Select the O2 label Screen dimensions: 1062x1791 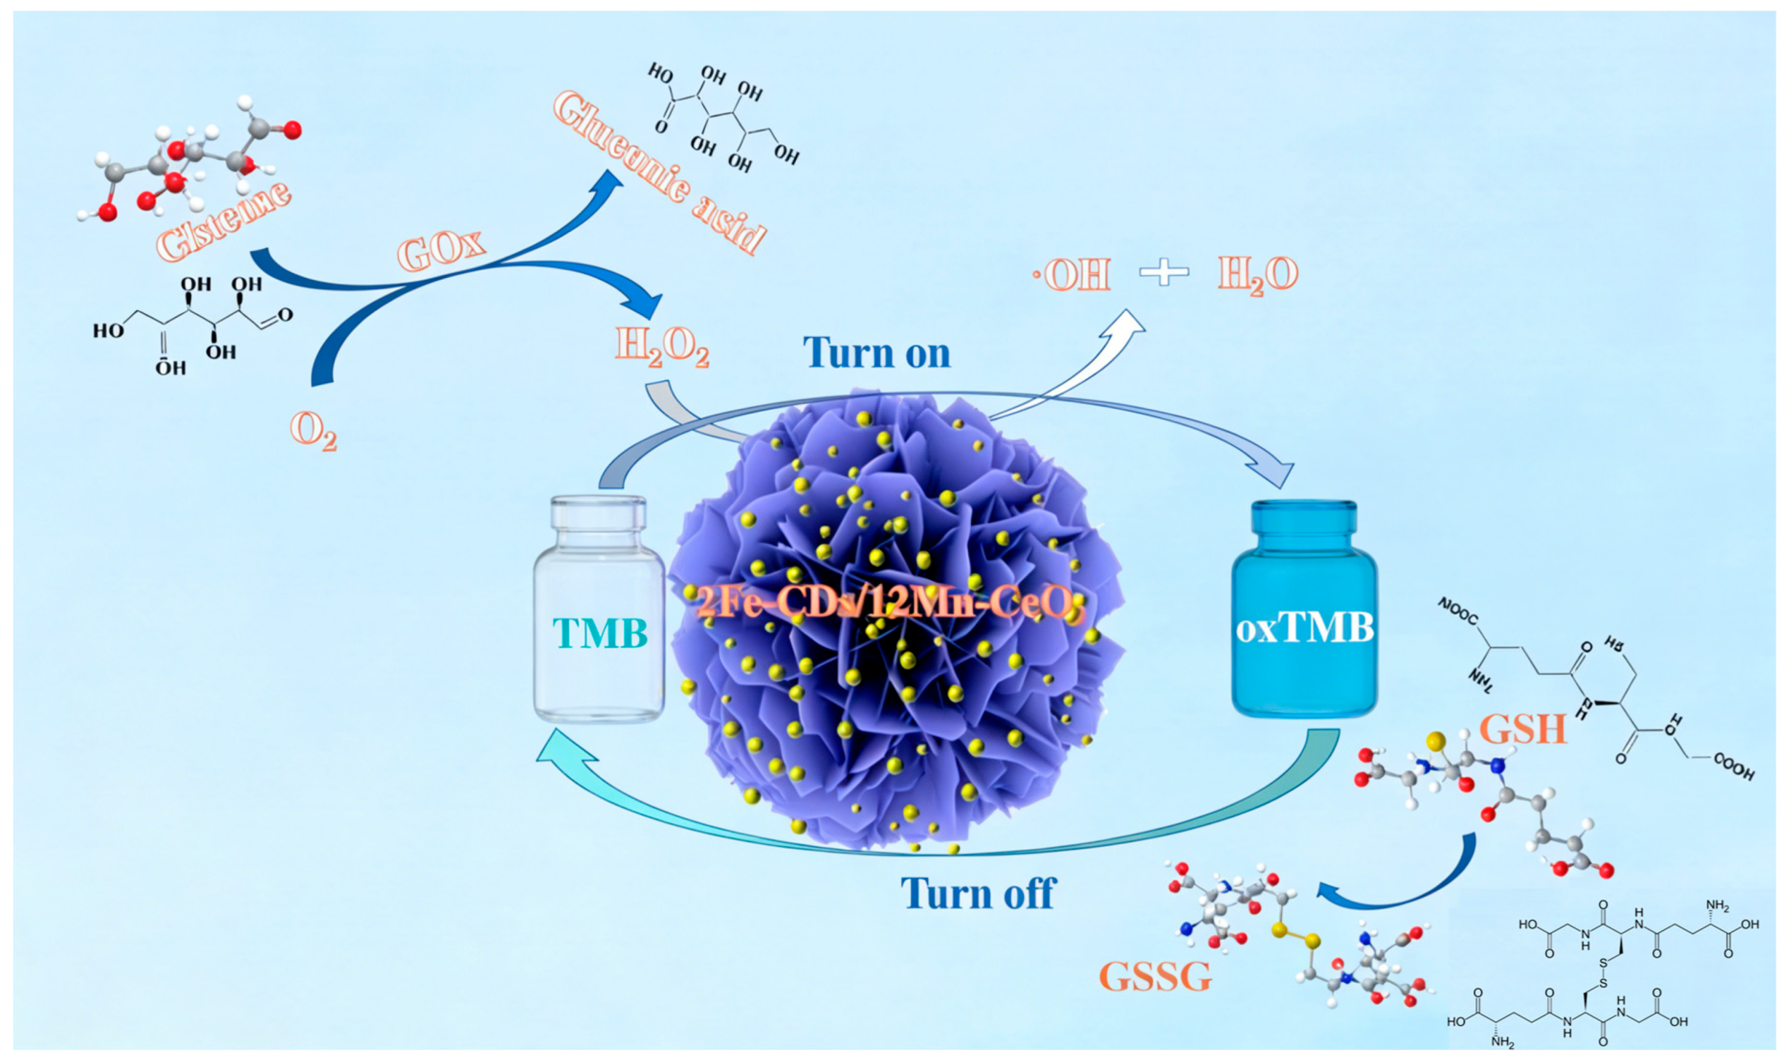tap(313, 431)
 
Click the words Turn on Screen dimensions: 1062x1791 tap(876, 353)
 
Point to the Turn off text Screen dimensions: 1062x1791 tap(978, 892)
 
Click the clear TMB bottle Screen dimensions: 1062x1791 tap(599, 608)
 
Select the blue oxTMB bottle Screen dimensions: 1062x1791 tap(1304, 608)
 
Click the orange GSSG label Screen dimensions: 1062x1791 tap(1155, 975)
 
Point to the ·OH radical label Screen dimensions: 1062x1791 tap(1072, 274)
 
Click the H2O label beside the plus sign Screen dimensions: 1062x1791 tap(1258, 275)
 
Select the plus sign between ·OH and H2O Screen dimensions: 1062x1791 tap(1163, 273)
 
